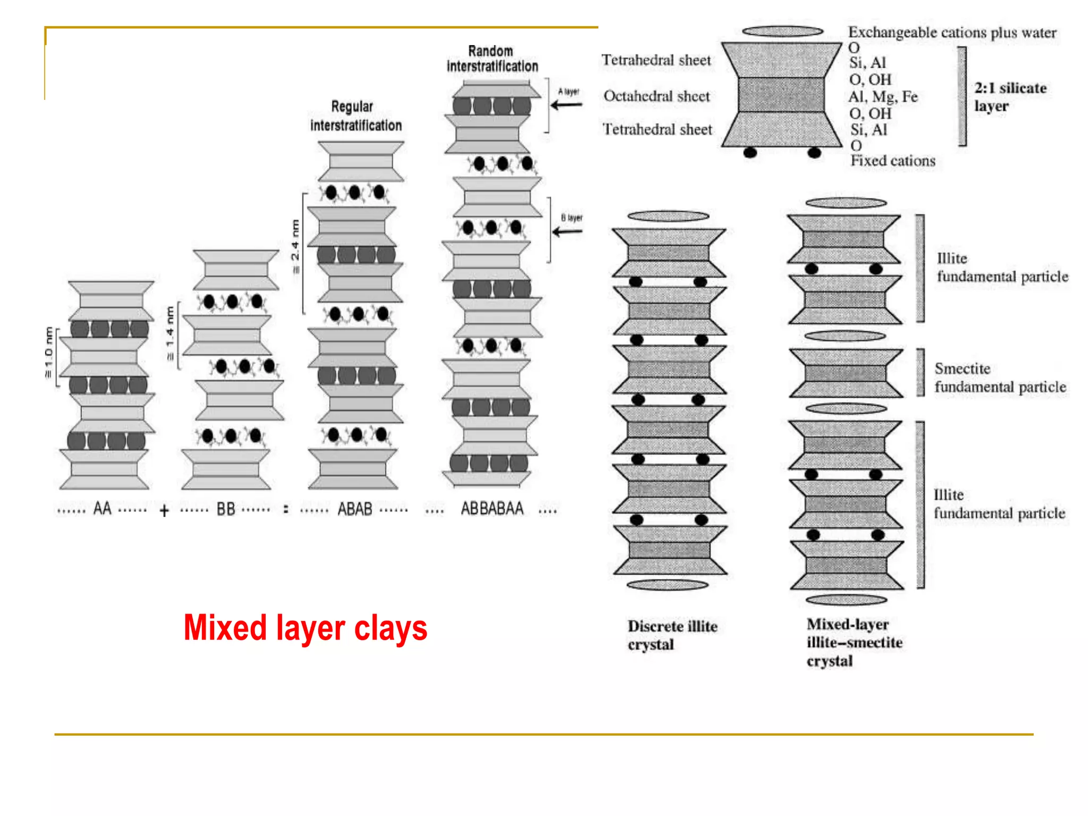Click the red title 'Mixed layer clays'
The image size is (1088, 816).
(305, 628)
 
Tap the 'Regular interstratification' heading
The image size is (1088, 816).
(355, 116)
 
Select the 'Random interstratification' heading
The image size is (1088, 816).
(492, 58)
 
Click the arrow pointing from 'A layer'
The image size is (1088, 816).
(567, 105)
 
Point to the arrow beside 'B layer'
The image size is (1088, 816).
(567, 232)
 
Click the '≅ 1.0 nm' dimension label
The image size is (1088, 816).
(49, 353)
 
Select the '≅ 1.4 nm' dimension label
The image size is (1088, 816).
(170, 333)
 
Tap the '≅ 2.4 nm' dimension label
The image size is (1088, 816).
(295, 246)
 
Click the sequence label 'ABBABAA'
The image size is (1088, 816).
(492, 508)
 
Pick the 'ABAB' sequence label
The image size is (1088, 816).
(355, 509)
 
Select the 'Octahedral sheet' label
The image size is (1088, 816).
(657, 96)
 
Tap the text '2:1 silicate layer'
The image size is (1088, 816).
(1009, 97)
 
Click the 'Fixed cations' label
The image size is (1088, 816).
(892, 160)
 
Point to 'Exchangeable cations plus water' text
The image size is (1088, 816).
(952, 32)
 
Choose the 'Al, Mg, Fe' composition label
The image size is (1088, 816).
(883, 97)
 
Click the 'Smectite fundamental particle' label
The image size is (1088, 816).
(1000, 377)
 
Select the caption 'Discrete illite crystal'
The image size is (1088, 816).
(672, 635)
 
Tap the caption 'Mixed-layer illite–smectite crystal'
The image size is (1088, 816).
(854, 642)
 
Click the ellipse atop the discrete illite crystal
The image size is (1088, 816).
(668, 216)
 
